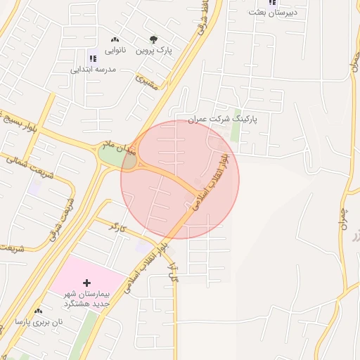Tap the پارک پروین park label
(155, 51)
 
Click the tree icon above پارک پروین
(153, 39)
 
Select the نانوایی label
(115, 51)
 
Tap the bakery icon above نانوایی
(115, 39)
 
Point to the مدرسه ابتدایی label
(93, 70)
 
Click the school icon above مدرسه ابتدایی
(92, 58)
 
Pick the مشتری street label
(148, 84)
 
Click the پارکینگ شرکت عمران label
(223, 120)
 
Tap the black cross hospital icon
(86, 283)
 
